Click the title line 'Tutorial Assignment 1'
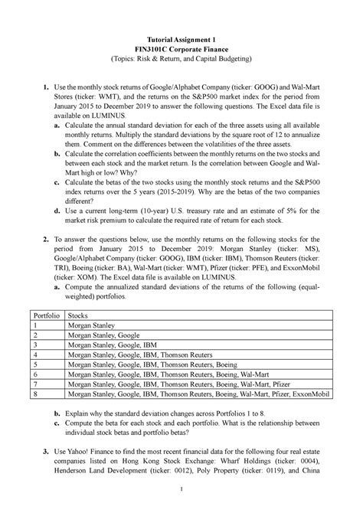point(181,38)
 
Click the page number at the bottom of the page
point(181,491)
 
